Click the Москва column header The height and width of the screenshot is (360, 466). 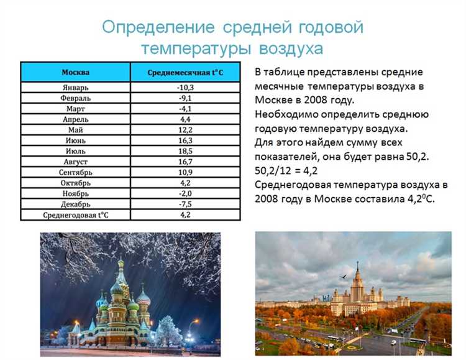tap(75, 72)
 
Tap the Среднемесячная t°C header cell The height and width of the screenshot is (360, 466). tap(185, 73)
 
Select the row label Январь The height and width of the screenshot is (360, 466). tap(75, 88)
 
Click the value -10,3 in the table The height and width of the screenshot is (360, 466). tap(185, 88)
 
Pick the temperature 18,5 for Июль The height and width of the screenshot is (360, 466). tap(185, 151)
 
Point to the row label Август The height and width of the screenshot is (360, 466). tap(75, 162)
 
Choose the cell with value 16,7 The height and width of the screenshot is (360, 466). tap(185, 162)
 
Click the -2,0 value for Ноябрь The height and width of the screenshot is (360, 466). tap(185, 193)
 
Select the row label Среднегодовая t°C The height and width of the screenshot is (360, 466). tap(75, 215)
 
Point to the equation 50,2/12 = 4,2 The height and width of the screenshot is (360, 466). tap(292, 169)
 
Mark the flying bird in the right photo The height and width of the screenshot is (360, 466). tap(342, 277)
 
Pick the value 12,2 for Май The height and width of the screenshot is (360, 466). tap(185, 130)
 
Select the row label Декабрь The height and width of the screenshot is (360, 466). tap(75, 204)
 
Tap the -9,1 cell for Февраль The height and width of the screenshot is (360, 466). tap(185, 98)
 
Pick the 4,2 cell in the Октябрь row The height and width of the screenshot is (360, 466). tap(185, 183)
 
